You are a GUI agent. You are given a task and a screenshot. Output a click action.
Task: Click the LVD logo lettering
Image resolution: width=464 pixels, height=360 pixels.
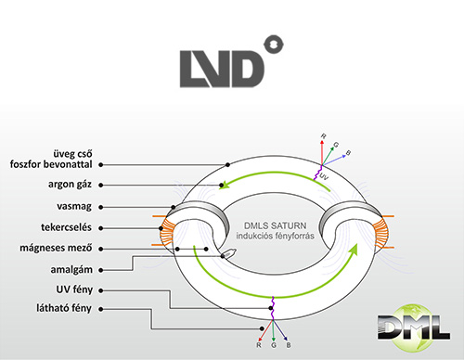[222, 69]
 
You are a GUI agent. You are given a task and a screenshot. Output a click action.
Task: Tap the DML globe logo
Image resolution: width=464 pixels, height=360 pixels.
[414, 328]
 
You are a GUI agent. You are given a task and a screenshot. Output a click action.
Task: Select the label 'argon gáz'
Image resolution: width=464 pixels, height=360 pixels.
[70, 185]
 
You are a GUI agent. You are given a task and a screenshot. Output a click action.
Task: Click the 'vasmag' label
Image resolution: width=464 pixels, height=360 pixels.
[74, 206]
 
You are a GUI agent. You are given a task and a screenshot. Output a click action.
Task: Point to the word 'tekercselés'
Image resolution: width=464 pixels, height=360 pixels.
[66, 227]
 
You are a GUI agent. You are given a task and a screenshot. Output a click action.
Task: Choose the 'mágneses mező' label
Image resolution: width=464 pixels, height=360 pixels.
[56, 248]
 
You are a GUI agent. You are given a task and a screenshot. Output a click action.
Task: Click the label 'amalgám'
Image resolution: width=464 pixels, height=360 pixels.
[71, 270]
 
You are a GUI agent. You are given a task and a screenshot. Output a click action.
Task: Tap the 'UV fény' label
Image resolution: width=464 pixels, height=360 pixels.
[74, 289]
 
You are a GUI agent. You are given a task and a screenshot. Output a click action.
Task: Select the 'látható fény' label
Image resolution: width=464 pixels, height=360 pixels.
[64, 308]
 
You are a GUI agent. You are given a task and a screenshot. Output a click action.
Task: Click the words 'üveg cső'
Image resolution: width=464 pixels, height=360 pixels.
[72, 154]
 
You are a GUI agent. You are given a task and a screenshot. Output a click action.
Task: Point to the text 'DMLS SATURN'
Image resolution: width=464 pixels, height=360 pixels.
[275, 225]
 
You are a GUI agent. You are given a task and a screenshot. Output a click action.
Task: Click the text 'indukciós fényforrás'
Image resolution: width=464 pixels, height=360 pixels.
[275, 236]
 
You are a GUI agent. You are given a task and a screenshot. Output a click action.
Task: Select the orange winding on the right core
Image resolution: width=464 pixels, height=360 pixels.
[381, 232]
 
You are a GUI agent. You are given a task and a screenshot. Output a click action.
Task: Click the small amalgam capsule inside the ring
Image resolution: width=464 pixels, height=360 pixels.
[228, 253]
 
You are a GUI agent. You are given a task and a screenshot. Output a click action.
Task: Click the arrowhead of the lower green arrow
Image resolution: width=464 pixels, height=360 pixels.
[353, 250]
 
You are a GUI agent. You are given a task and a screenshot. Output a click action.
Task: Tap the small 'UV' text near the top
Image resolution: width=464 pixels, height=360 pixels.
[324, 177]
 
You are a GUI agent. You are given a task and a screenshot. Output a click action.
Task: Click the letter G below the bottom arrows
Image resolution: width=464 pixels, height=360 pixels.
[274, 345]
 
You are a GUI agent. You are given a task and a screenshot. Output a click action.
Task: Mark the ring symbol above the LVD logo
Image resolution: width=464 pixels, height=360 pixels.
[274, 45]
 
